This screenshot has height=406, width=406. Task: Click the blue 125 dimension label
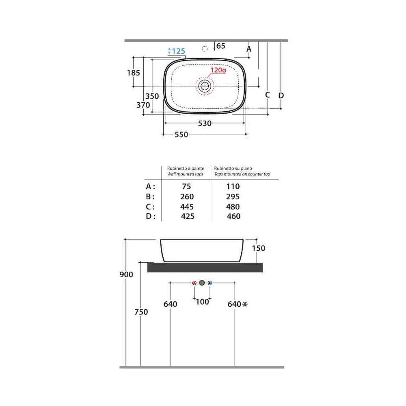click(179, 51)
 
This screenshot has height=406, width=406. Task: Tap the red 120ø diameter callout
click(218, 70)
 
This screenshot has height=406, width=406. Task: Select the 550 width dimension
click(181, 135)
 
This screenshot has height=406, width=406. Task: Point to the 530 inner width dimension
click(205, 123)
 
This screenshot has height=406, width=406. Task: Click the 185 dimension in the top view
click(133, 73)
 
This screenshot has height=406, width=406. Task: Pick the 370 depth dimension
click(143, 105)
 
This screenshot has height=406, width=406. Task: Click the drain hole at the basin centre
click(205, 86)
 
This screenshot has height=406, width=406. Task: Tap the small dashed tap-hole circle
click(205, 49)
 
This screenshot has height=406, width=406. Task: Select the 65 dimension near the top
click(220, 46)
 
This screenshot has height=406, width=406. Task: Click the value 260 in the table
click(187, 197)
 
